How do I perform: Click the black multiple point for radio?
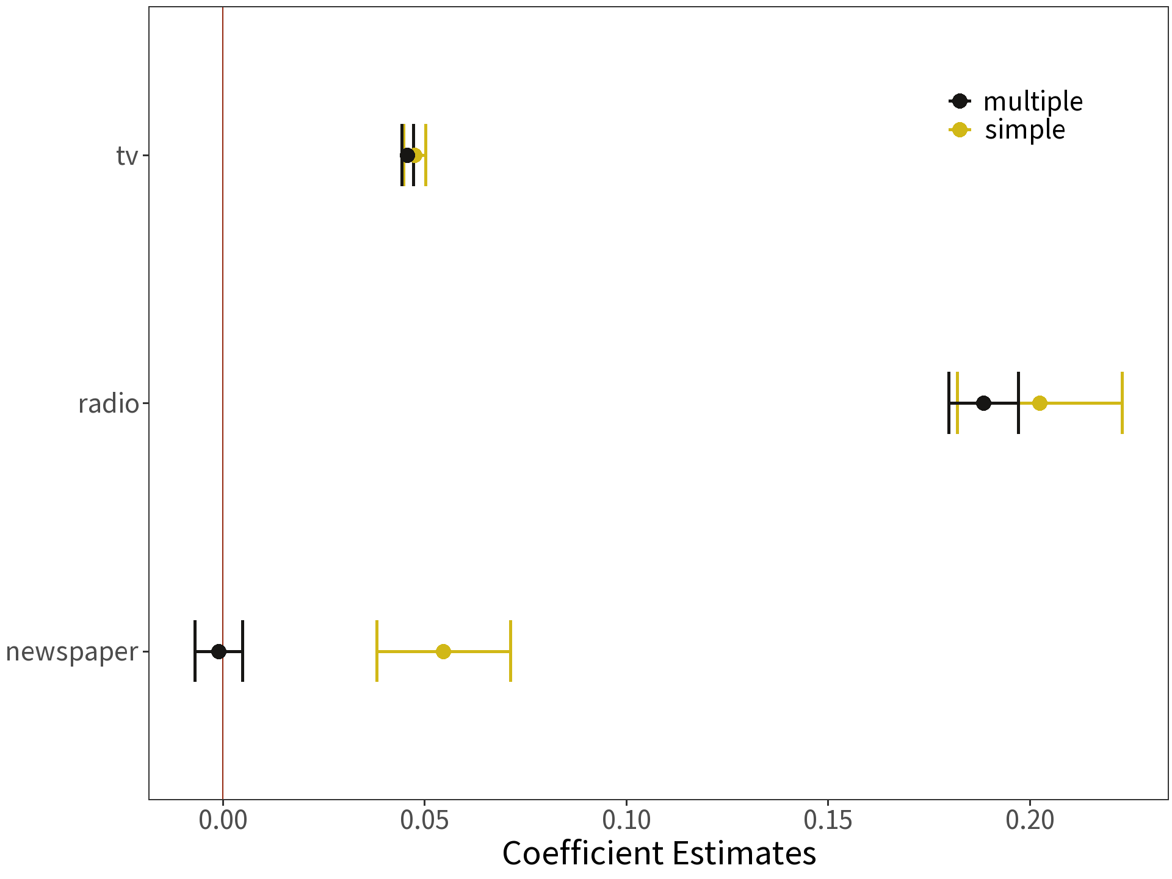[983, 403]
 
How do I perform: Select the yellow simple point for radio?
[1040, 403]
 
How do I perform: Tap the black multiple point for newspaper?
[219, 651]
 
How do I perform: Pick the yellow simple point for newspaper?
[443, 651]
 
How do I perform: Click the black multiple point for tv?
[407, 155]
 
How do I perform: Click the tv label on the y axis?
[127, 156]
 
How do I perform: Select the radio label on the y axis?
[109, 404]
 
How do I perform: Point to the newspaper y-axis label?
[72, 652]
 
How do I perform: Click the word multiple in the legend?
[1033, 101]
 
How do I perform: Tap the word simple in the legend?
[1025, 130]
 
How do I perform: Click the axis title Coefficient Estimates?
[659, 853]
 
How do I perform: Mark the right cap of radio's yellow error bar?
[1122, 403]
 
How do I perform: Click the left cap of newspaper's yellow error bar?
[377, 651]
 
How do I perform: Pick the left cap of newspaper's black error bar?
[195, 651]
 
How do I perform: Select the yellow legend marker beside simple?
[960, 130]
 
